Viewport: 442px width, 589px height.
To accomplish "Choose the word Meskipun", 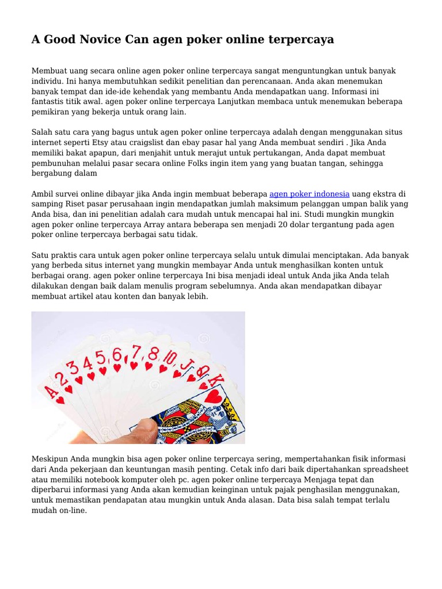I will (49, 458).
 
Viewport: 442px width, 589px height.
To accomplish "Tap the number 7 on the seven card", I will (136, 351).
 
